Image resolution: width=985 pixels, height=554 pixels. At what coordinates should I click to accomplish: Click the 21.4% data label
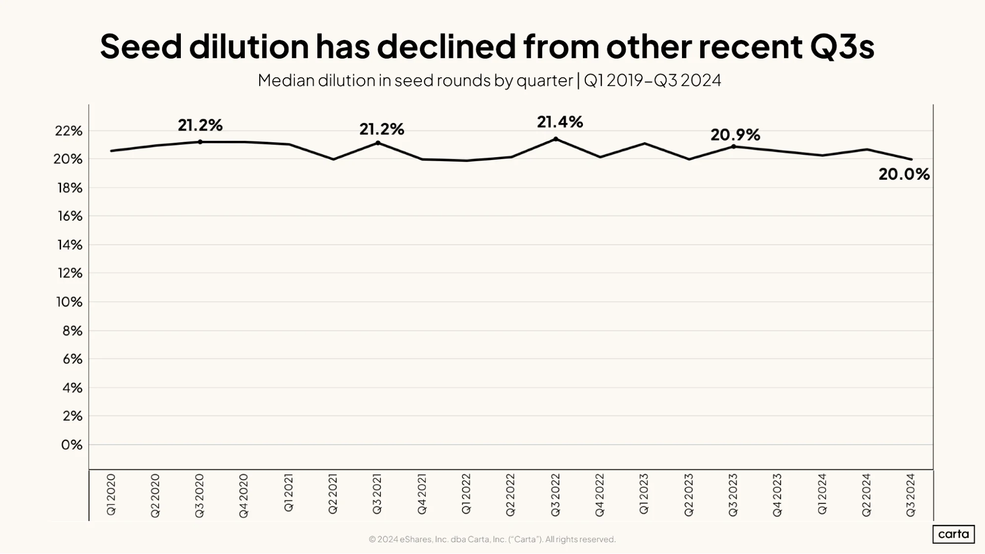[560, 122]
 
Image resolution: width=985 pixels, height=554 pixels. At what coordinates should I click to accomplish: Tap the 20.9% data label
[735, 134]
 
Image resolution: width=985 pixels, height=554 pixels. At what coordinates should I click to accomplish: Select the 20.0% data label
[904, 174]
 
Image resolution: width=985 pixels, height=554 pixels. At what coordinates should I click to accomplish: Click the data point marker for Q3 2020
[200, 142]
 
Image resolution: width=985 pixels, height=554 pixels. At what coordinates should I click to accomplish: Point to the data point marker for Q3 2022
[556, 139]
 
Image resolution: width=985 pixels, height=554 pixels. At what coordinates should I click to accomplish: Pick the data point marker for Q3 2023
[734, 146]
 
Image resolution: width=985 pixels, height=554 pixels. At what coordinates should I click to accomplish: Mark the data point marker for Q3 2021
[378, 143]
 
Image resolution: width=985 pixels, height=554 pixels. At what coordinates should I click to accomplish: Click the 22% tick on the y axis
[68, 130]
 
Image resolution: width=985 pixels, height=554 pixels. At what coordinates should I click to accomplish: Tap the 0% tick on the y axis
[72, 445]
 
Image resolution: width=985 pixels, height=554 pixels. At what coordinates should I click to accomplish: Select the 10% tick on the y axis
[69, 301]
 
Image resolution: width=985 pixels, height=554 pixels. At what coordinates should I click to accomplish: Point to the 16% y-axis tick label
[69, 216]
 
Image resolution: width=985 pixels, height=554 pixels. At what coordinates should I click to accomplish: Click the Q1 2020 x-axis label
[111, 494]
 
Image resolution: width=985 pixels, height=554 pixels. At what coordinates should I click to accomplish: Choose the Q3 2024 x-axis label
[911, 495]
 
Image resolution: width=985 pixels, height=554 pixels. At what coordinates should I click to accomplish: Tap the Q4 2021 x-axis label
[422, 494]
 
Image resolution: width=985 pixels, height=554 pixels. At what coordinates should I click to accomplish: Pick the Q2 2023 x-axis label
[688, 495]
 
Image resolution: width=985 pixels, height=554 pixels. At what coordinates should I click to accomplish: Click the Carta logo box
[953, 534]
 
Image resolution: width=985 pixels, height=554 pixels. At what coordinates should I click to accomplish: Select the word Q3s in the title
[842, 47]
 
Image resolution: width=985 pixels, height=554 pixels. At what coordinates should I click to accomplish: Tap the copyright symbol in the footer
[373, 539]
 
